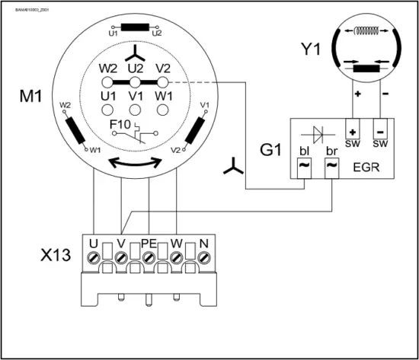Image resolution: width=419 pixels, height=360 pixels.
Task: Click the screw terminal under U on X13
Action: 94,257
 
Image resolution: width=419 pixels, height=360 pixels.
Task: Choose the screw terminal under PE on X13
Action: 149,257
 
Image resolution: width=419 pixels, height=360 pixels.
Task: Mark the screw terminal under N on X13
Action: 203,257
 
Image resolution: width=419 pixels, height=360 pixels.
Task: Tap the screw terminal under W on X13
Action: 176,257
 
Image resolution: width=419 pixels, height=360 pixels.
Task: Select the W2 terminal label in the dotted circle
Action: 107,68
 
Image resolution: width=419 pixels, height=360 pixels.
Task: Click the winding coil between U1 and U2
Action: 134,27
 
